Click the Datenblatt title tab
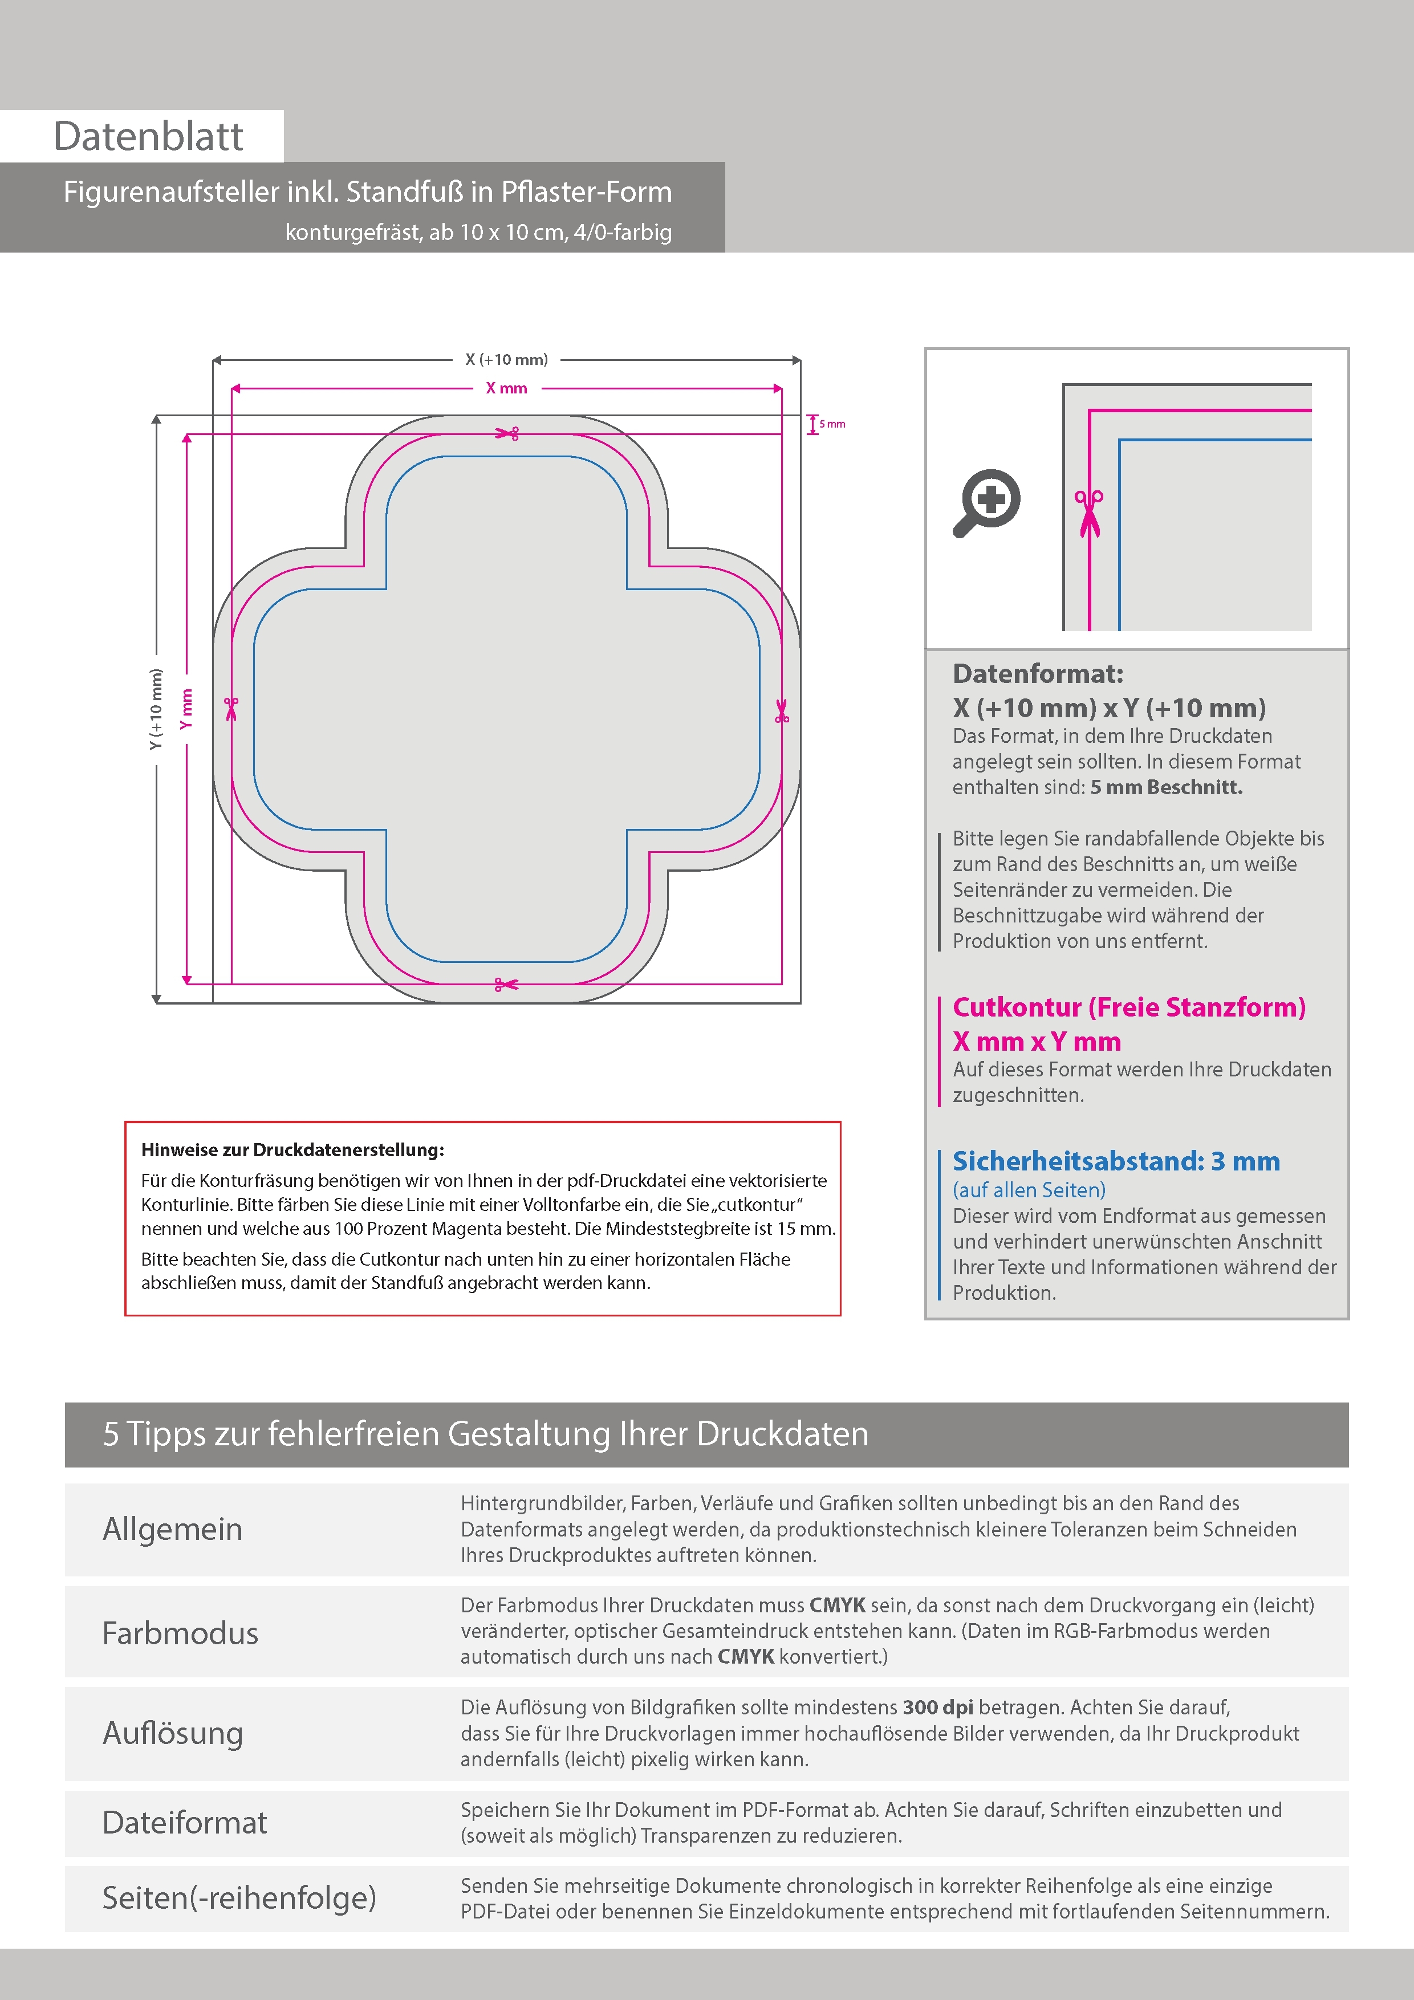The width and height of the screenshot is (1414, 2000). pyautogui.click(x=148, y=136)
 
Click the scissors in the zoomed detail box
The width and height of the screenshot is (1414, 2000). pyautogui.click(x=1088, y=513)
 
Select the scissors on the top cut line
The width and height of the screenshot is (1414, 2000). pyautogui.click(x=507, y=433)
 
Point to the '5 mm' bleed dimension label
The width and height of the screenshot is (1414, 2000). pyautogui.click(x=832, y=424)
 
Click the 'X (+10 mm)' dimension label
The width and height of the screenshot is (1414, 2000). pyautogui.click(x=506, y=359)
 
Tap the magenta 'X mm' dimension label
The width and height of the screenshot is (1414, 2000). pyautogui.click(x=506, y=388)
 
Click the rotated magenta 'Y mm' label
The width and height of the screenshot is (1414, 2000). pyautogui.click(x=185, y=709)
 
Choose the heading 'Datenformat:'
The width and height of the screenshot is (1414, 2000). pyautogui.click(x=1038, y=673)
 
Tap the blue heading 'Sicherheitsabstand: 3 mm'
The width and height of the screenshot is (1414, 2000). pyautogui.click(x=1116, y=1161)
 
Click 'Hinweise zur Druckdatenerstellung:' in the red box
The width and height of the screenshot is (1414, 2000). pyautogui.click(x=292, y=1150)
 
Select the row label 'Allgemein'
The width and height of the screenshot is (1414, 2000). pyautogui.click(x=173, y=1529)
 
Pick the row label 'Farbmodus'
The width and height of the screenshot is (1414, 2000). pyautogui.click(x=180, y=1632)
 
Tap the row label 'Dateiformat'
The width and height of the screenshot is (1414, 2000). pyautogui.click(x=185, y=1822)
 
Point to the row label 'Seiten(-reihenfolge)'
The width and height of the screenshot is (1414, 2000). pyautogui.click(x=239, y=1897)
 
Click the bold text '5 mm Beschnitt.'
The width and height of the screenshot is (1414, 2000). pyautogui.click(x=1166, y=787)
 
